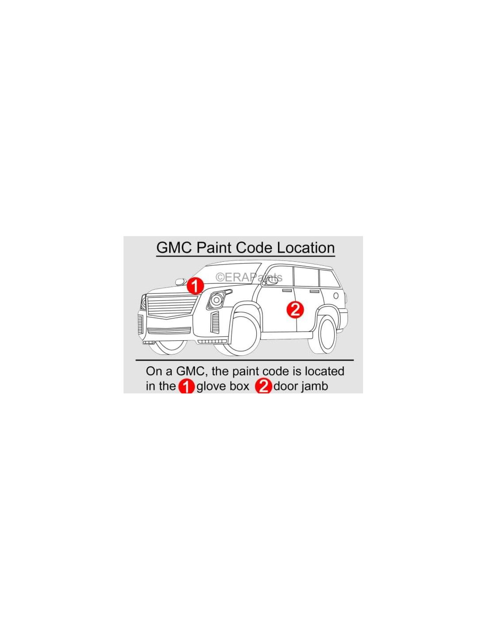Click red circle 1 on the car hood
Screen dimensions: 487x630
pyautogui.click(x=195, y=286)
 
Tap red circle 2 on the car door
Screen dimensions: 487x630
pyautogui.click(x=295, y=310)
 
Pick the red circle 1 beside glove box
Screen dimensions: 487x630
pyautogui.click(x=186, y=386)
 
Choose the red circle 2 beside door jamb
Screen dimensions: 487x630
pyautogui.click(x=263, y=386)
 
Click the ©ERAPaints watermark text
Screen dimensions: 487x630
pyautogui.click(x=249, y=277)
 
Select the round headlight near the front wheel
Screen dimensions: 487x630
pyautogui.click(x=216, y=300)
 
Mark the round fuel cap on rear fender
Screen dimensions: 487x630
pyautogui.click(x=336, y=296)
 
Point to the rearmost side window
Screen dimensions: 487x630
pyautogui.click(x=329, y=278)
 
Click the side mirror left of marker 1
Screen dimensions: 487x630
pyautogui.click(x=181, y=281)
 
